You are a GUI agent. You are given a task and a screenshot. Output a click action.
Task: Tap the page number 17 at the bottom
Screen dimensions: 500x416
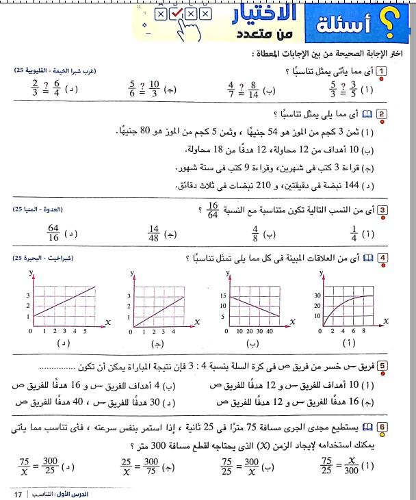click(17, 492)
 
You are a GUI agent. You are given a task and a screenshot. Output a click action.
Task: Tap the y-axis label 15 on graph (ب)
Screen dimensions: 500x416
click(223, 296)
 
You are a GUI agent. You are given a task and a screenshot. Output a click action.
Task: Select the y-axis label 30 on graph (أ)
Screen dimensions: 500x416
click(316, 296)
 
